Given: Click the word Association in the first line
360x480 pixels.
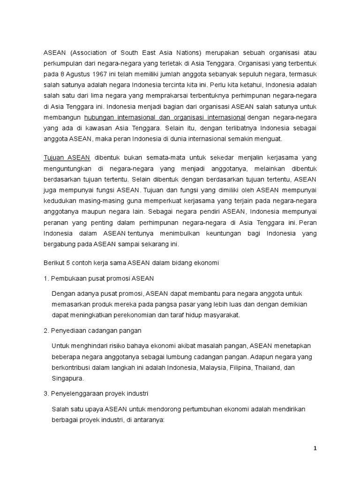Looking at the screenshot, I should (x=90, y=52).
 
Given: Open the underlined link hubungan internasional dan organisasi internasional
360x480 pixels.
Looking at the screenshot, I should (x=165, y=117).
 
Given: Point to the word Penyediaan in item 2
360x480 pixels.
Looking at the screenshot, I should (x=70, y=330).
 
